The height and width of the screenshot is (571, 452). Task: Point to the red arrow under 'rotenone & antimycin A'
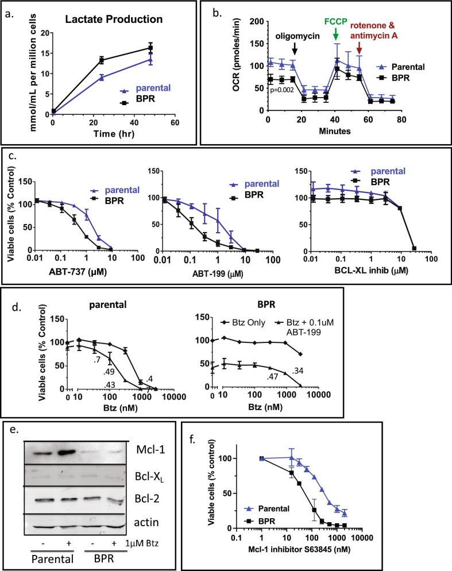(359, 53)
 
